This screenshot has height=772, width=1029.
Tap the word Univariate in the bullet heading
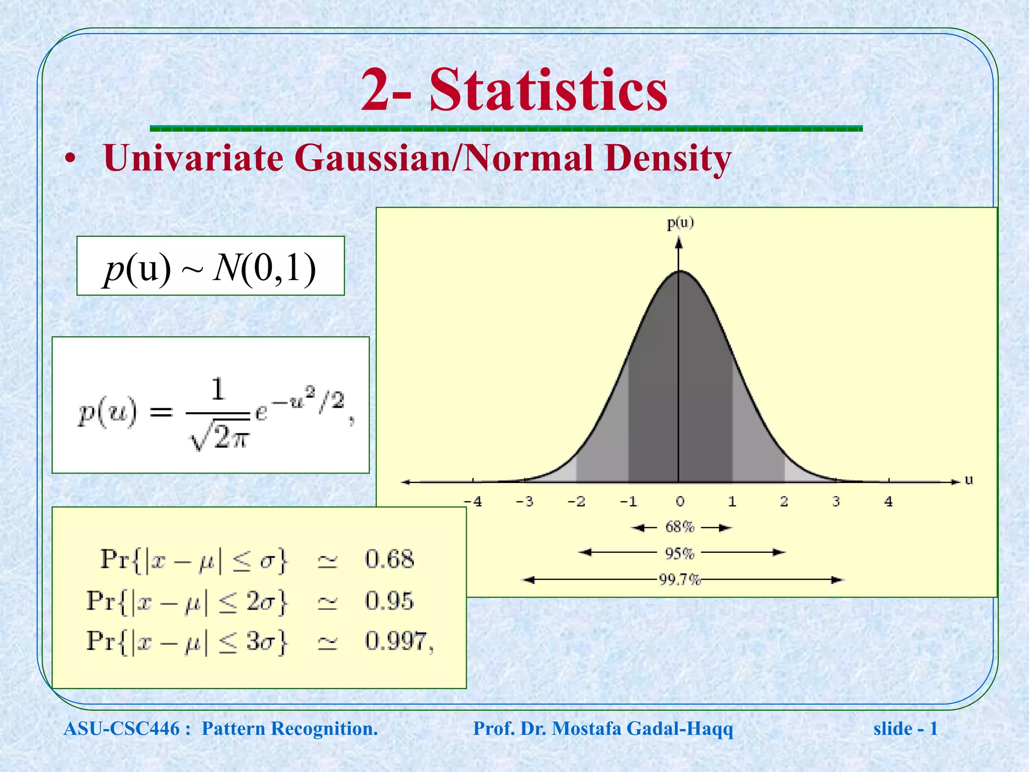pos(193,158)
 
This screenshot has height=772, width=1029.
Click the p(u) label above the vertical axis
pos(680,223)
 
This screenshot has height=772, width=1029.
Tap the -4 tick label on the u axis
pos(473,502)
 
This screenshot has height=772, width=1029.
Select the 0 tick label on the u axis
pos(680,502)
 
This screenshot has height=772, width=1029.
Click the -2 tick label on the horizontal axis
pos(576,502)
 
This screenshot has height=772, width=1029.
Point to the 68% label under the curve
pos(680,527)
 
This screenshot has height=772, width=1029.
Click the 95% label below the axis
pos(680,554)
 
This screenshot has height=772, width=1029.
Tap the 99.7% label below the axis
pos(680,580)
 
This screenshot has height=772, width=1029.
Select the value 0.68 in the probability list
pos(389,559)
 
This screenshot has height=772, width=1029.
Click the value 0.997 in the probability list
pos(396,641)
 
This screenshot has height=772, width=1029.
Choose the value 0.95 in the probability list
pos(389,601)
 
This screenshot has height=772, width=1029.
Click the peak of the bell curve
pos(679,272)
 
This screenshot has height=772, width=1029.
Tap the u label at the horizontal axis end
pos(969,480)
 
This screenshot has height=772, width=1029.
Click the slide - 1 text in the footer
pos(905,729)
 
